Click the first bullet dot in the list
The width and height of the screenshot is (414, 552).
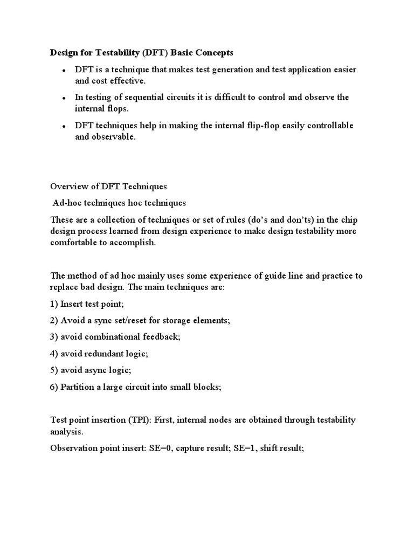pos(64,71)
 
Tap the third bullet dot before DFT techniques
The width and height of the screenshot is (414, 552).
pos(64,127)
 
